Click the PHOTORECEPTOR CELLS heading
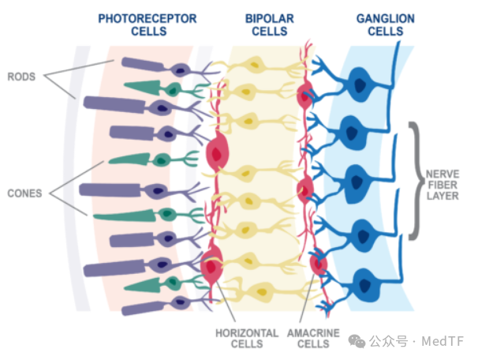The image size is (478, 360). (148, 24)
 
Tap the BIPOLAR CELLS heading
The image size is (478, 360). (270, 24)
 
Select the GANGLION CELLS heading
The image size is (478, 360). (386, 24)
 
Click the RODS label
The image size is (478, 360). (21, 77)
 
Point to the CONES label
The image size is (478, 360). (24, 193)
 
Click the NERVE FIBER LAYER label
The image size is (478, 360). (443, 185)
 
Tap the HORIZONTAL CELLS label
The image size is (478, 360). (247, 339)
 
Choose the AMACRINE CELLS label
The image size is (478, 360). (313, 339)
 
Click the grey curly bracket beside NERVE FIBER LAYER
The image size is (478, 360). (416, 181)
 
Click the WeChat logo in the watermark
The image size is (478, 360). (357, 341)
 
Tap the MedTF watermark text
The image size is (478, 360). (443, 341)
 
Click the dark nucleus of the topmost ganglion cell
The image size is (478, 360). (360, 85)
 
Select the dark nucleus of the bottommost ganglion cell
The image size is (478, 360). (365, 286)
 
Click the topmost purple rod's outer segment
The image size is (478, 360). (143, 65)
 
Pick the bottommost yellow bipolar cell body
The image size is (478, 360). (262, 292)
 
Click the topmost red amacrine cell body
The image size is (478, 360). (304, 96)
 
